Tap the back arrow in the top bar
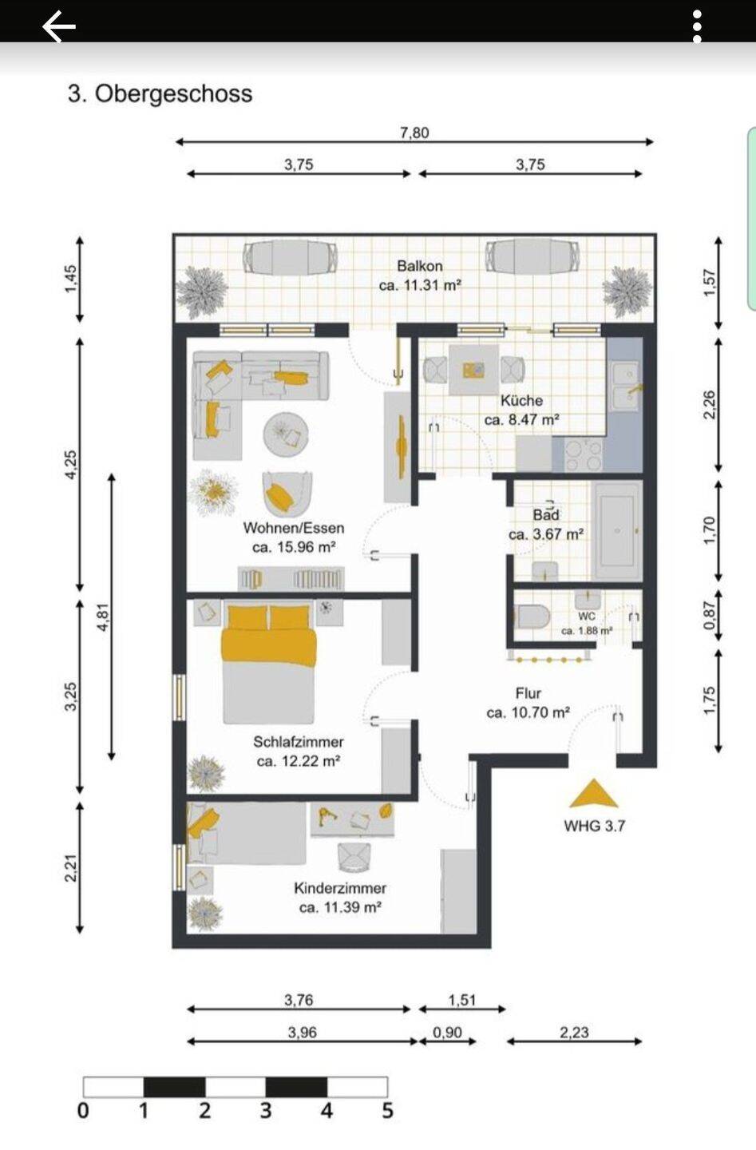(59, 26)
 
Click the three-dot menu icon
(696, 26)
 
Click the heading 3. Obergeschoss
(160, 94)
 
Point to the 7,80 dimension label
(414, 133)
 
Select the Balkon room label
(420, 266)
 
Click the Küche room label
(521, 400)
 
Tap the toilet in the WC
(532, 617)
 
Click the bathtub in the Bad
(617, 530)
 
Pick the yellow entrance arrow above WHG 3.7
(594, 793)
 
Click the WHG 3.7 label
(594, 826)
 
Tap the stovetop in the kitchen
(584, 455)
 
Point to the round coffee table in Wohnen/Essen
(286, 434)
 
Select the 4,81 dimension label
(103, 617)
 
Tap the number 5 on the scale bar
(387, 1110)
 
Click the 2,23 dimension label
(574, 1032)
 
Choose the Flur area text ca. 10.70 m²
(528, 712)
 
